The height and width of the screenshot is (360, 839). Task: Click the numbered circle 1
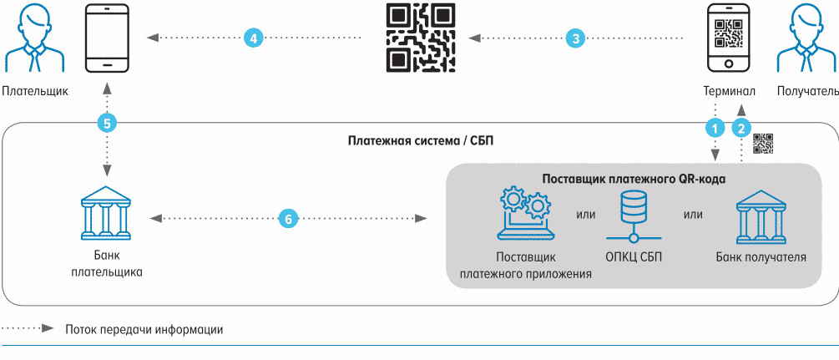pyautogui.click(x=715, y=128)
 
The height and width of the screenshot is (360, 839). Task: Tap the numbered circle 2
pyautogui.click(x=740, y=128)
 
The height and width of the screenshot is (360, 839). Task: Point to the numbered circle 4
pyautogui.click(x=254, y=38)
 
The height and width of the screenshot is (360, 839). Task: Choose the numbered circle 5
pyautogui.click(x=106, y=123)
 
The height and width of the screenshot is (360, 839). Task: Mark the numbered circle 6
pyautogui.click(x=286, y=219)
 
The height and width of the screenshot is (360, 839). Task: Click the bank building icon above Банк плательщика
pyautogui.click(x=107, y=213)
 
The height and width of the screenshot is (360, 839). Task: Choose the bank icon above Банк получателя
pyautogui.click(x=761, y=215)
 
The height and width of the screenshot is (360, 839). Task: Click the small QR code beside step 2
pyautogui.click(x=763, y=143)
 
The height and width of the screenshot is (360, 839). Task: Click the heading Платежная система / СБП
pyautogui.click(x=420, y=140)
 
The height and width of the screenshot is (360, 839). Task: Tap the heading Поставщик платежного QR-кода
pyautogui.click(x=634, y=179)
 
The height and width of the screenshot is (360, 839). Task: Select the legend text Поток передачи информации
pyautogui.click(x=144, y=329)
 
